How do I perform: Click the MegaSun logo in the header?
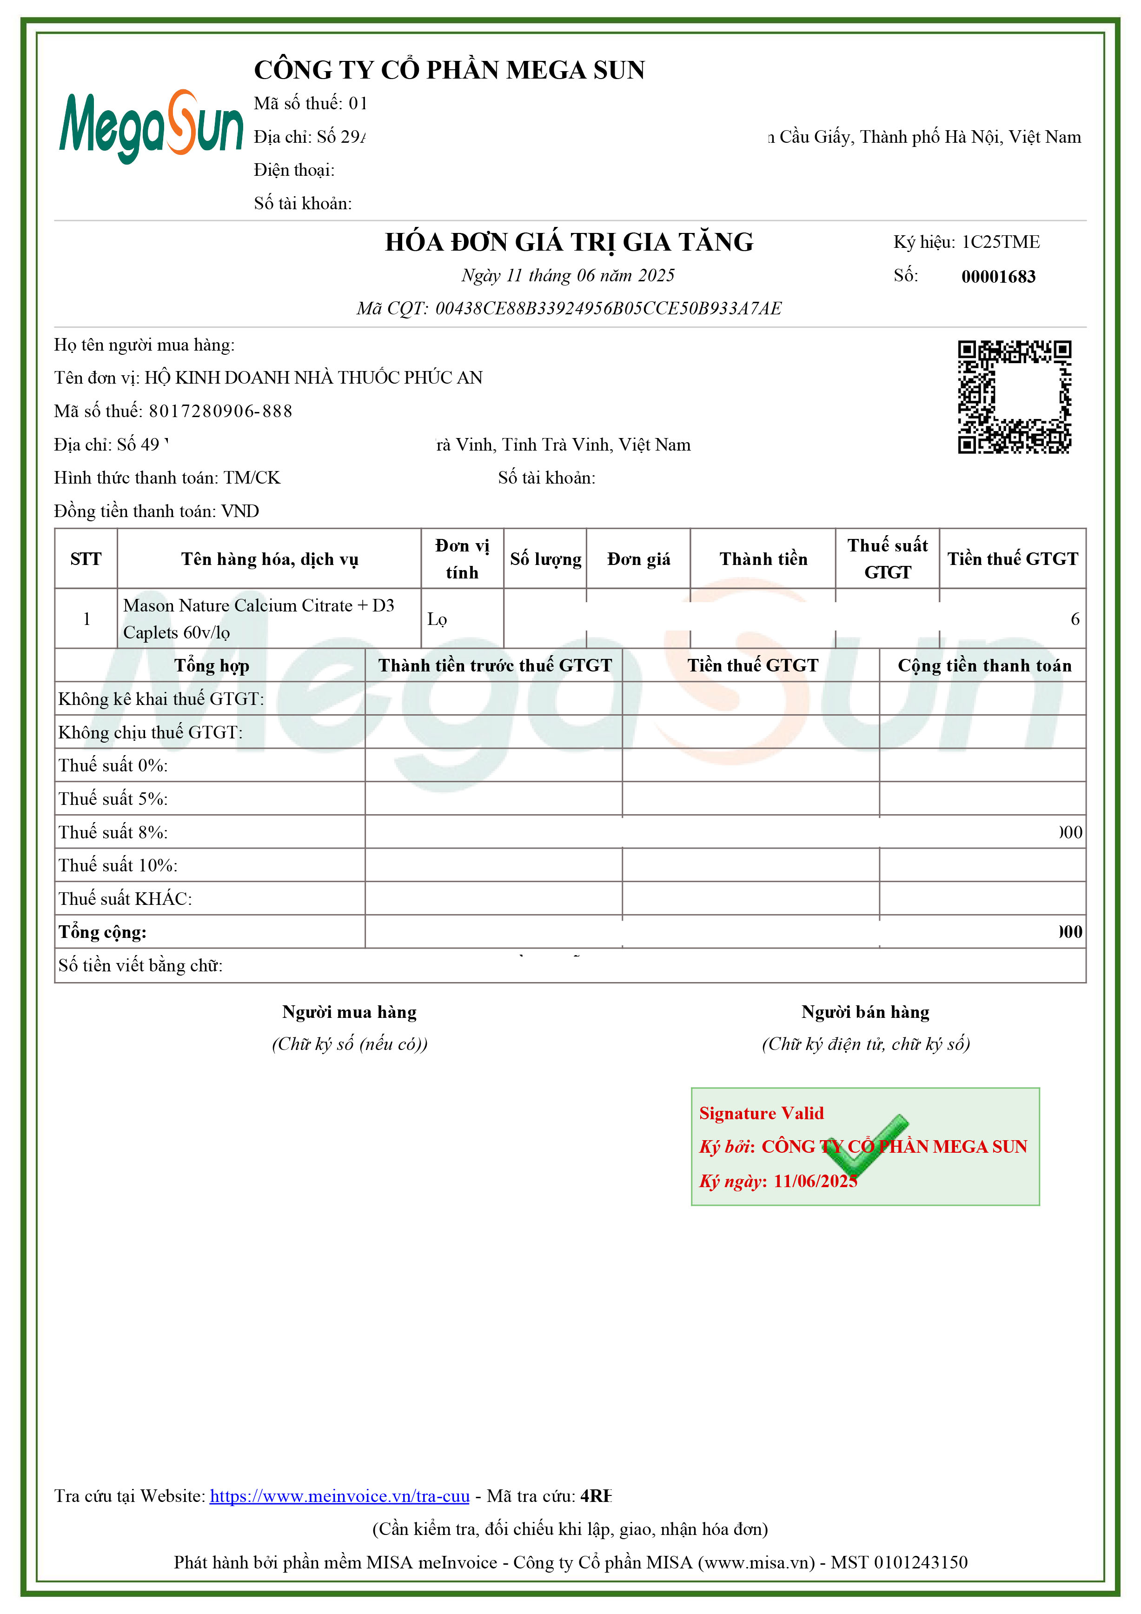(x=151, y=126)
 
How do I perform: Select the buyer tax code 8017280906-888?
(x=220, y=411)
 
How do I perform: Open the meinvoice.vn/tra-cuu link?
(x=339, y=1496)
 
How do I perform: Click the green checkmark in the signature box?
(x=865, y=1146)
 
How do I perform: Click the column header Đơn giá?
(x=638, y=559)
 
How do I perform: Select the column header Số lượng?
(x=545, y=559)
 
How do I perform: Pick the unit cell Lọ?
(x=437, y=619)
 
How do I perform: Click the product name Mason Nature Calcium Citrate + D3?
(x=259, y=606)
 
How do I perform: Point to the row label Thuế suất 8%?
(x=113, y=833)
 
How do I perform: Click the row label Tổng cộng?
(x=103, y=933)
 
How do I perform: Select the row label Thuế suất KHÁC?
(x=125, y=899)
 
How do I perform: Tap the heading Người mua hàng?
(x=349, y=1012)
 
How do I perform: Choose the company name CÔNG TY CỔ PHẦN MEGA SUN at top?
(x=449, y=70)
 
